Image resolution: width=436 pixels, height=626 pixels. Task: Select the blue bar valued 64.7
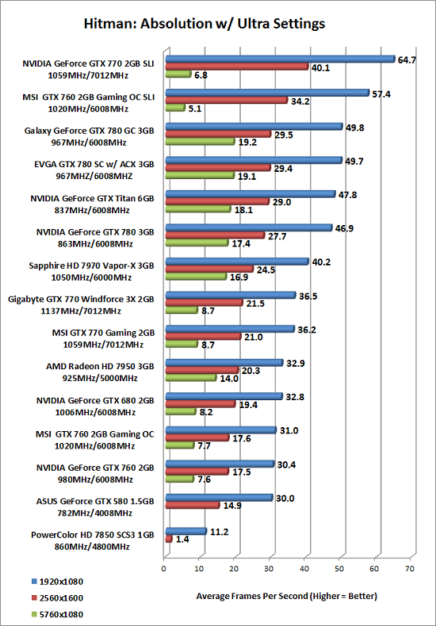pyautogui.click(x=281, y=59)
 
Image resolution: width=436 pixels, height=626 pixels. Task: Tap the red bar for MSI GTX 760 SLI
pyautogui.click(x=227, y=100)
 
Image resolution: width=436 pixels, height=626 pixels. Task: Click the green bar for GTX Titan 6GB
pyautogui.click(x=198, y=209)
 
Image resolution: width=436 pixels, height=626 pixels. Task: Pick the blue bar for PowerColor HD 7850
pyautogui.click(x=185, y=532)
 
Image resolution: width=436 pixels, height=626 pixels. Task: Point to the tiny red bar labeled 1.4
pyautogui.click(x=169, y=540)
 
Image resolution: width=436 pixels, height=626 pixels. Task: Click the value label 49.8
pyautogui.click(x=354, y=128)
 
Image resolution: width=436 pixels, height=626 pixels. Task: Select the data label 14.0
pyautogui.click(x=229, y=379)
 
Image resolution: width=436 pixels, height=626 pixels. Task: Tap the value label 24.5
pyautogui.click(x=266, y=269)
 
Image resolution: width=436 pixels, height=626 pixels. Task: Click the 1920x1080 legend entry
pyautogui.click(x=57, y=582)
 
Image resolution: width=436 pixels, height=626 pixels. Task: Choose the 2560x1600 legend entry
pyautogui.click(x=57, y=597)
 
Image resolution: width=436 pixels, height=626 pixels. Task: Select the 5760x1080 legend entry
pyautogui.click(x=57, y=614)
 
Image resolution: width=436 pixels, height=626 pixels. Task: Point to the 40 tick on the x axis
pyautogui.click(x=304, y=568)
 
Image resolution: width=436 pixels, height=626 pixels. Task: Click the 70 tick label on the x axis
pyautogui.click(x=409, y=568)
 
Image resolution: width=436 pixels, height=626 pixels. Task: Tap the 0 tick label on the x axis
pyautogui.click(x=164, y=568)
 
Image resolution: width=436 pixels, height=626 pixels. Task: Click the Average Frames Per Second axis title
pyautogui.click(x=286, y=597)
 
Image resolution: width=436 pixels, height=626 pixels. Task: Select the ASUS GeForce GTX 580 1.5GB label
pyautogui.click(x=95, y=501)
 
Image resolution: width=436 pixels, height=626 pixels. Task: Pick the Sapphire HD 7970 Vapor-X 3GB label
pyautogui.click(x=92, y=265)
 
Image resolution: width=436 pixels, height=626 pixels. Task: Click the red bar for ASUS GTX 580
pyautogui.click(x=193, y=506)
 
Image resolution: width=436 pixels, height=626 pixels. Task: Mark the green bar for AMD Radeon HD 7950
pyautogui.click(x=191, y=377)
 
